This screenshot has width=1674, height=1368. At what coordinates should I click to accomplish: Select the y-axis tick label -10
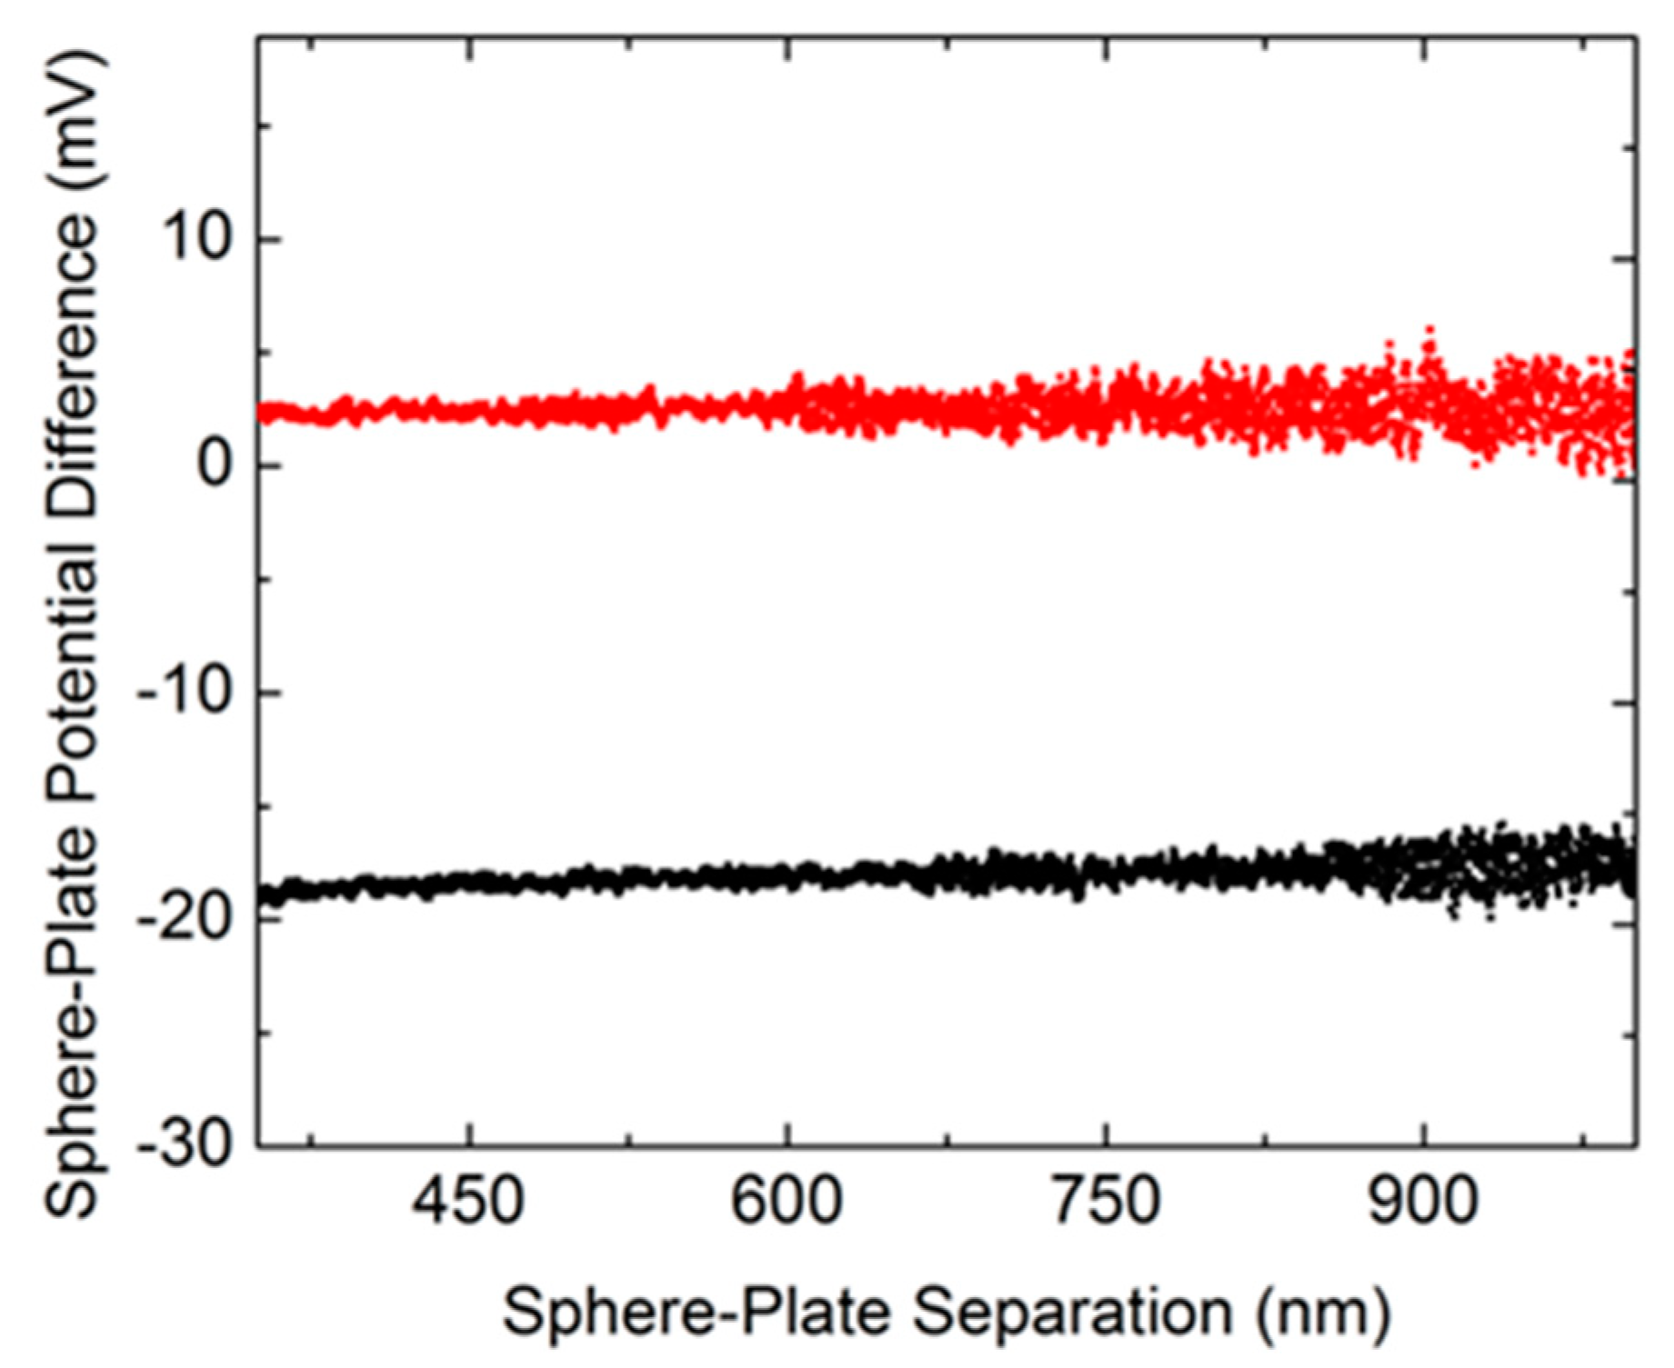[x=182, y=693]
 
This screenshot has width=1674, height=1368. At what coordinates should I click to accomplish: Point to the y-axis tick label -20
[x=182, y=920]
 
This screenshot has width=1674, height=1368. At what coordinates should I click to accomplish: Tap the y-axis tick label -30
[x=182, y=1145]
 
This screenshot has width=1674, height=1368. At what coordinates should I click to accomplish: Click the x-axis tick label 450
[x=467, y=1202]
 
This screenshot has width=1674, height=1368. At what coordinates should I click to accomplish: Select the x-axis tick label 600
[x=787, y=1202]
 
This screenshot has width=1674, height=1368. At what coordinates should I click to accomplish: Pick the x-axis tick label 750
[x=1106, y=1202]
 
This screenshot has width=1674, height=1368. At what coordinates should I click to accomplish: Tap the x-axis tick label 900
[x=1423, y=1202]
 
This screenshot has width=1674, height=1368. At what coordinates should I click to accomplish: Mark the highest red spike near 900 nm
[x=1430, y=330]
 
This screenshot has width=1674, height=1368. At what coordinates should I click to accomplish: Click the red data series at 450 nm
[x=467, y=411]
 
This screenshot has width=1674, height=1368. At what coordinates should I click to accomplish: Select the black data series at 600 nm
[x=787, y=876]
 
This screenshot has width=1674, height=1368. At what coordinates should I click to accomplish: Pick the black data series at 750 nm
[x=1106, y=870]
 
